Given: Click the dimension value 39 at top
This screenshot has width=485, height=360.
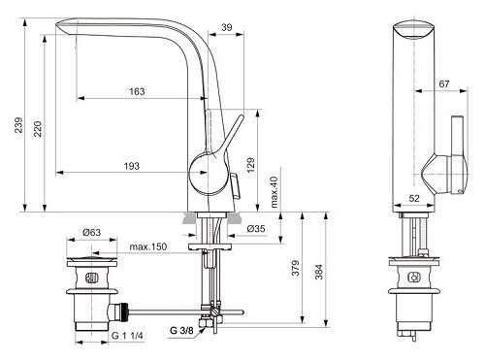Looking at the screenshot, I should click(225, 29).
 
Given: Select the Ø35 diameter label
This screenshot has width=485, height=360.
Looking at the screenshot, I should click(256, 229).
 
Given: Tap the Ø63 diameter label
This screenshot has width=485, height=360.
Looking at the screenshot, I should click(93, 232).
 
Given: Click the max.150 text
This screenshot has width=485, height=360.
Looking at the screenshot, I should click(149, 247).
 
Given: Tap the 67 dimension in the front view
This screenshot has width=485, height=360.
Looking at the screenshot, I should click(444, 85).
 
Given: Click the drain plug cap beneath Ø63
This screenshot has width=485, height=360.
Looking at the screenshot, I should click(91, 261).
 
